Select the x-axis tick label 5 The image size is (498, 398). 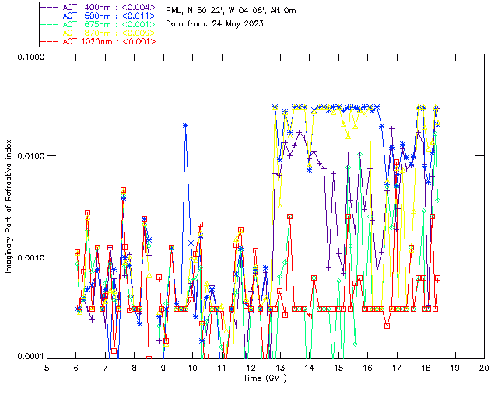pos(47,368)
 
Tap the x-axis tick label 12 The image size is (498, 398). pos(251,368)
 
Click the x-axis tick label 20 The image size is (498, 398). pos(483,368)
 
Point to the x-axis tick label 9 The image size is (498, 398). pos(163,368)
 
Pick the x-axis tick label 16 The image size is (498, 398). pos(367,368)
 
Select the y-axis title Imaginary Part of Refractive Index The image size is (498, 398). pos(10,207)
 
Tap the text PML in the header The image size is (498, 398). pos(175,9)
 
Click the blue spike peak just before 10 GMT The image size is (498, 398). pos(185,124)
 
